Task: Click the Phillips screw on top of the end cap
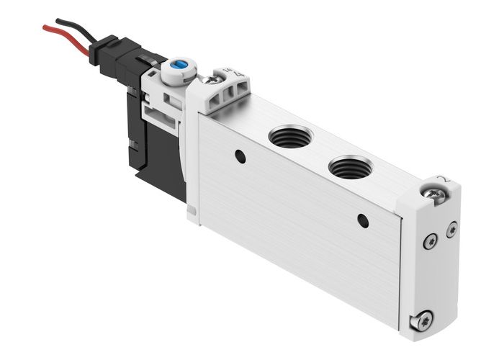(434, 194)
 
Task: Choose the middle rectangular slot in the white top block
(232, 92)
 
